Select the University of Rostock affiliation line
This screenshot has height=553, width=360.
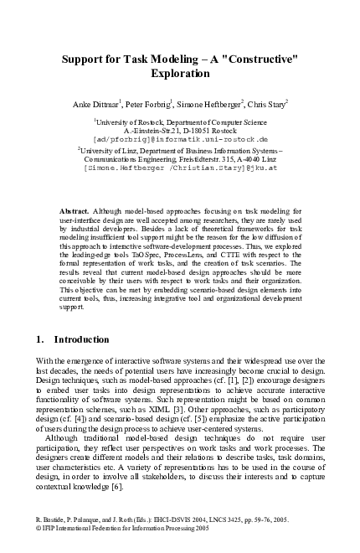(x=181, y=122)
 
